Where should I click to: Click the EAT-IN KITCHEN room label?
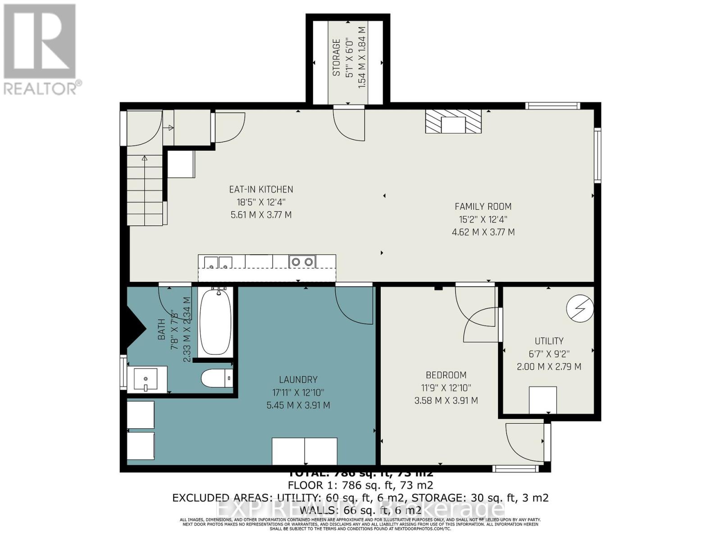coord(261,189)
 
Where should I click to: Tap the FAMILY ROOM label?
coord(483,206)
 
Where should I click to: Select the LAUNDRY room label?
coord(298,380)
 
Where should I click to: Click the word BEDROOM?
coord(446,375)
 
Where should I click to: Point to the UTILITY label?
coord(549,341)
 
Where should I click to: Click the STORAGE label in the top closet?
coord(336,57)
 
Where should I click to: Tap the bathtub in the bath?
coord(215,322)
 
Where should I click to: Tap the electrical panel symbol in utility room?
coord(580,308)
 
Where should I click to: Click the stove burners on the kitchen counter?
coord(302,261)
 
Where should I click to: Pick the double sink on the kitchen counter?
coord(218,261)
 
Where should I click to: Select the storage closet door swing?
coord(349,124)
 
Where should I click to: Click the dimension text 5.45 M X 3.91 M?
coord(298,405)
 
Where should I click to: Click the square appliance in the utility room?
coord(542,399)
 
